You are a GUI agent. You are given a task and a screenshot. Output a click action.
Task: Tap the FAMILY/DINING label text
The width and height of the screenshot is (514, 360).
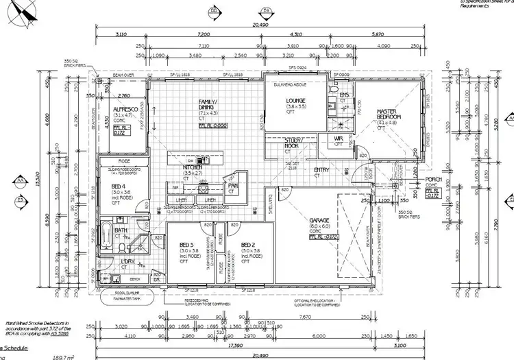click(x=208, y=104)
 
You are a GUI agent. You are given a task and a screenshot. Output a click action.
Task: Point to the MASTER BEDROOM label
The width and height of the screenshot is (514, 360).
click(x=388, y=114)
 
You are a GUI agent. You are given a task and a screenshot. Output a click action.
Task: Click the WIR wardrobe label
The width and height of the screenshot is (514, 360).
click(x=338, y=139)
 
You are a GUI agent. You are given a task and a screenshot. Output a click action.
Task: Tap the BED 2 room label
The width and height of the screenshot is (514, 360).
click(x=249, y=245)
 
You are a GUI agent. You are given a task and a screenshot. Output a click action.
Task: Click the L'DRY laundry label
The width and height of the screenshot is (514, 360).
click(x=127, y=261)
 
